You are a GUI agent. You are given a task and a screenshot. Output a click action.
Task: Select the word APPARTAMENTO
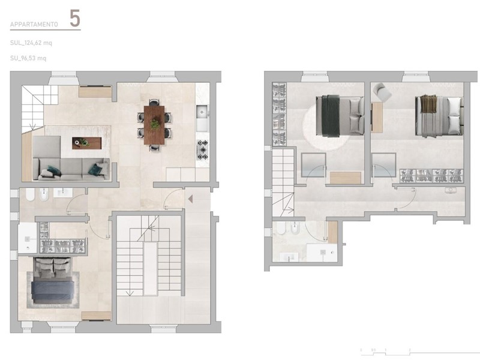point(34,25)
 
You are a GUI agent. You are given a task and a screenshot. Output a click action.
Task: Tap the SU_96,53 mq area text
point(28,58)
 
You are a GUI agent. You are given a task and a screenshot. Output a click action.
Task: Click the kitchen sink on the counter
point(202,111)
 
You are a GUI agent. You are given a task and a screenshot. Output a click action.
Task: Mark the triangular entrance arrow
point(188,199)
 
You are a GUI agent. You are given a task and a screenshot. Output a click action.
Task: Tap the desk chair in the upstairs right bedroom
point(382,91)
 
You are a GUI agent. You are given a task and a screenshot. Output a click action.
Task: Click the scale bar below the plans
point(384,349)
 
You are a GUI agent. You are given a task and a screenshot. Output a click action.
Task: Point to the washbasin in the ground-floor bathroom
point(62,193)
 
